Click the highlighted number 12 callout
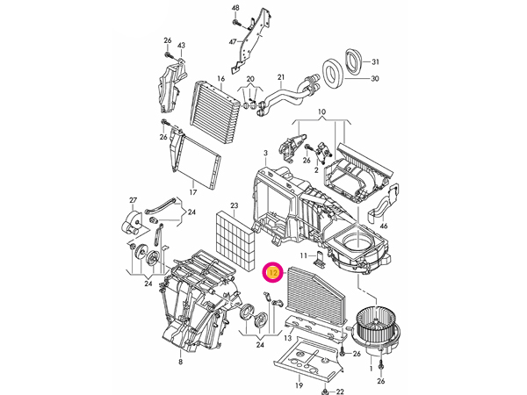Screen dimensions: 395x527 pyautogui.click(x=273, y=273)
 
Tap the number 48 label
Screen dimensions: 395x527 pyautogui.click(x=235, y=8)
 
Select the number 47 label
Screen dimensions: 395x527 pyautogui.click(x=233, y=41)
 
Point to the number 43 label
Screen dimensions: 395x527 pyautogui.click(x=182, y=46)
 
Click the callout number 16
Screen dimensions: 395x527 pyautogui.click(x=221, y=79)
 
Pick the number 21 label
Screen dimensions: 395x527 pyautogui.click(x=281, y=77)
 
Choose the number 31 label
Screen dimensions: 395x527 pyautogui.click(x=375, y=62)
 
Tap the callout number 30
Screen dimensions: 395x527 pyautogui.click(x=375, y=79)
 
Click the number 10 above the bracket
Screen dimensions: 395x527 pyautogui.click(x=321, y=112)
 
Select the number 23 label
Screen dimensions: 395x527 pyautogui.click(x=234, y=206)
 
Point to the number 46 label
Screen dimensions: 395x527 pyautogui.click(x=383, y=226)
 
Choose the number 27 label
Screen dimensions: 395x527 pyautogui.click(x=134, y=200)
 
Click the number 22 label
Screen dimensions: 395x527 pyautogui.click(x=341, y=391)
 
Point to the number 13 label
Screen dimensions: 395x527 pyautogui.click(x=287, y=338)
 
